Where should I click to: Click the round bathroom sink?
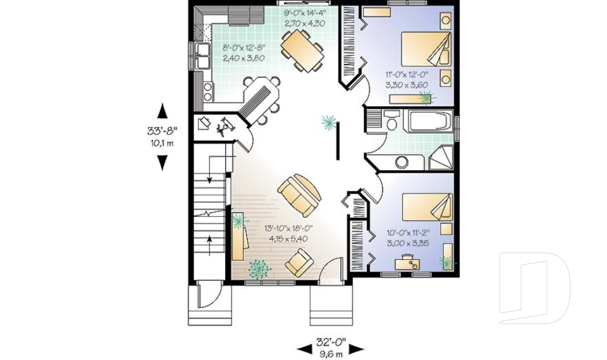pos(402,162)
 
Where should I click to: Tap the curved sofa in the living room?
pos(298,193)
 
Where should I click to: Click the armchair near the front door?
pos(298,262)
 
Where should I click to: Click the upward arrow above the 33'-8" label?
pos(162,110)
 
